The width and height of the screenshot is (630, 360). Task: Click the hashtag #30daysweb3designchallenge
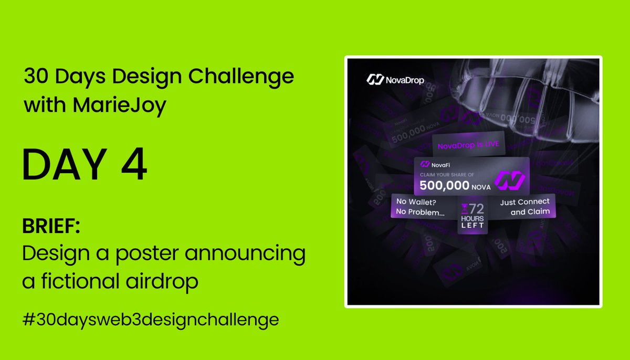coord(150,320)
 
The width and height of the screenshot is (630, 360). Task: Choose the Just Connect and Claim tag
coord(523,207)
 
